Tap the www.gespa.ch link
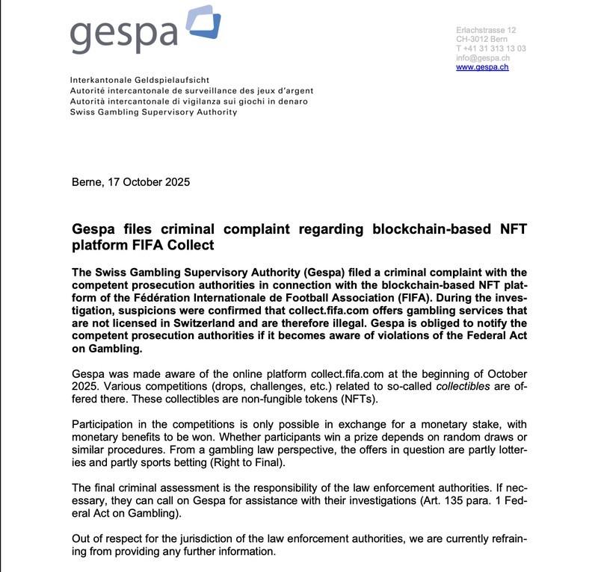coord(482,67)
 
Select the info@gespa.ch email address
coord(483,57)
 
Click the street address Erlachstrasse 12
coord(486,30)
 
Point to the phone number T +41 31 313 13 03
coord(491,49)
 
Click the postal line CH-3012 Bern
coord(481,39)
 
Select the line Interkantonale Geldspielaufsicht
coord(140,80)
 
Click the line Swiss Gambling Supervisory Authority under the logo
coord(153,112)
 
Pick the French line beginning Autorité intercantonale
coord(187,90)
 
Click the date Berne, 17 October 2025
coord(131,182)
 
